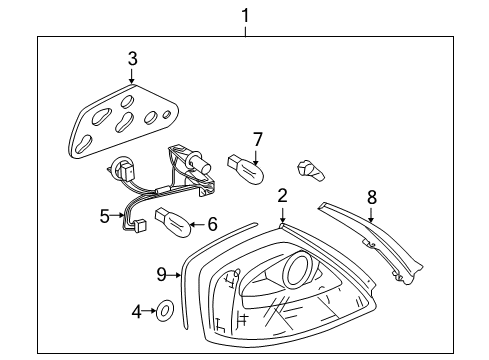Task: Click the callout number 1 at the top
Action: [245, 16]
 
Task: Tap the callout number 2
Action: [282, 196]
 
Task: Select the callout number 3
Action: [132, 59]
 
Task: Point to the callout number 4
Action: [137, 312]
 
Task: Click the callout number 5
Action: [104, 216]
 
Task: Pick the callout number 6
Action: [212, 224]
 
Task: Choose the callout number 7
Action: [258, 139]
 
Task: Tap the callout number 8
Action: [372, 197]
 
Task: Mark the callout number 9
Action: [161, 275]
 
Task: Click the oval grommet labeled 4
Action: [165, 311]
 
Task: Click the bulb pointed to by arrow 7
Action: [246, 170]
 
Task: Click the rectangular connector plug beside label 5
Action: [139, 226]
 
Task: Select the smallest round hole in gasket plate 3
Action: [167, 115]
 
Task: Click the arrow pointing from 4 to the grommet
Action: [149, 311]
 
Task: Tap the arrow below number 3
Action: [132, 76]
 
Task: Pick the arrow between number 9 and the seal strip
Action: [174, 275]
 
